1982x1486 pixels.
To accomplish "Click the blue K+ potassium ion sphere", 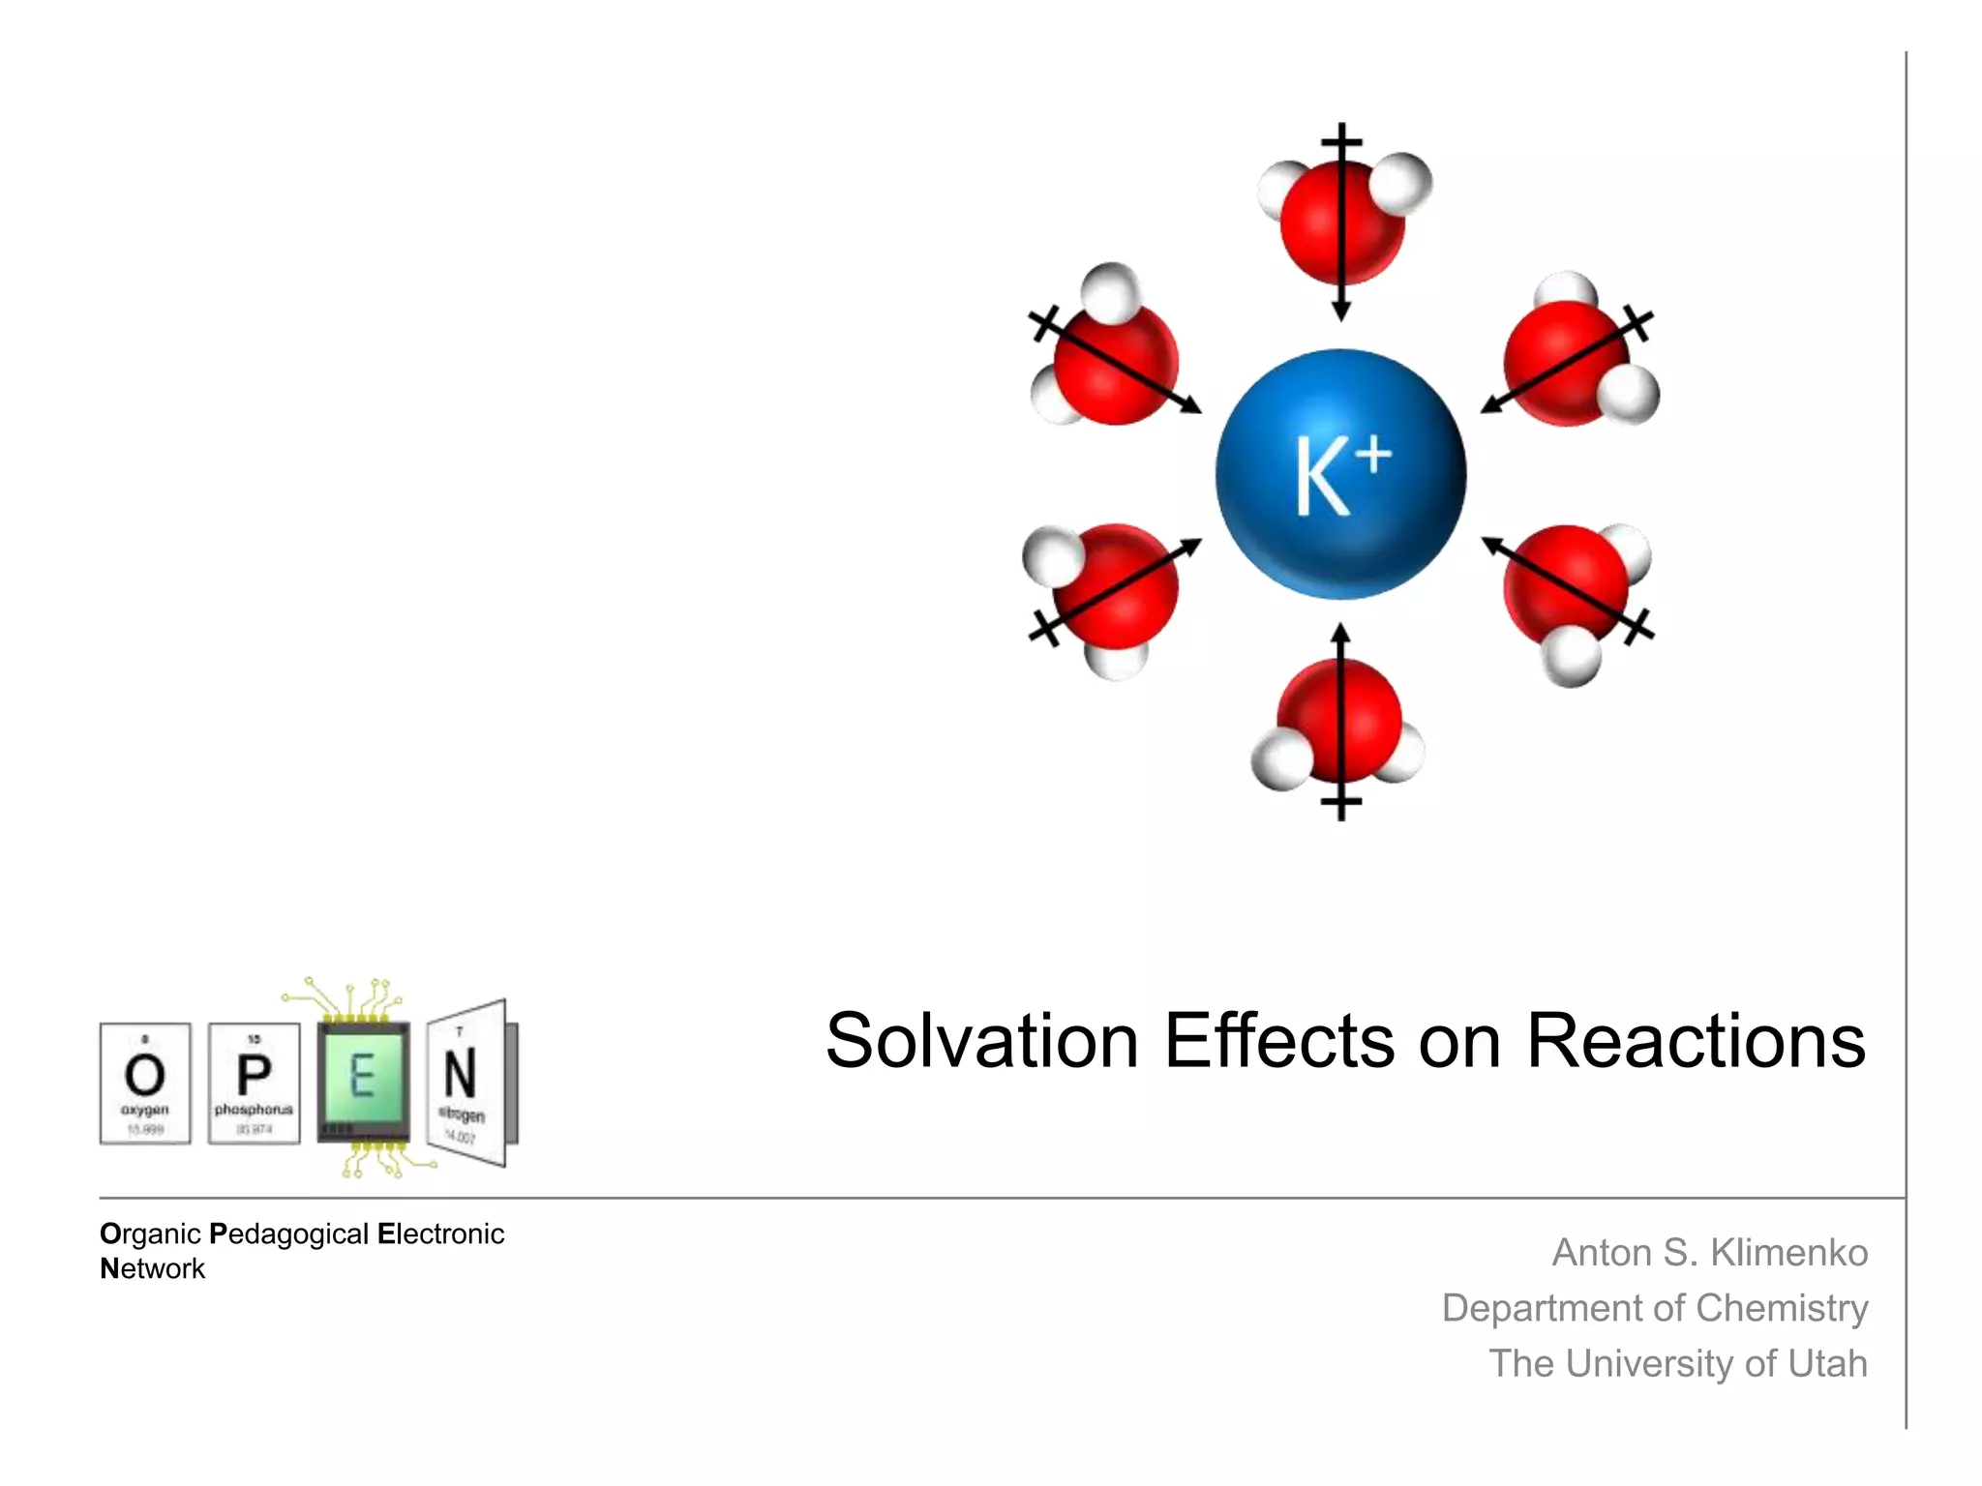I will [x=1340, y=474].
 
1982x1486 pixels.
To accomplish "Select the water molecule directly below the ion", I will [x=1339, y=721].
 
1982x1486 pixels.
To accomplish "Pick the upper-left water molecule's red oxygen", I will [x=1116, y=363].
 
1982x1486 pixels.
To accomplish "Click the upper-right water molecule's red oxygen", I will [x=1566, y=363].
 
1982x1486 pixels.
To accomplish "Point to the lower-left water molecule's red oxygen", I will [x=1116, y=586].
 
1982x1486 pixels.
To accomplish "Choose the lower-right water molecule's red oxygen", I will [x=1566, y=586].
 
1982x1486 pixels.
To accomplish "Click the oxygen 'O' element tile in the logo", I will [x=145, y=1084].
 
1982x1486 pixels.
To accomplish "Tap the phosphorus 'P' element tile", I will [x=255, y=1084].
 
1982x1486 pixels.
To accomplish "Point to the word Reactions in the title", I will [x=1696, y=1042].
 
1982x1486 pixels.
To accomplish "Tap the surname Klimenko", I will [x=1788, y=1253].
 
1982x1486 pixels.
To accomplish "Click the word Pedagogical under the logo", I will [x=288, y=1234].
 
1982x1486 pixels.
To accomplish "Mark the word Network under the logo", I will [x=152, y=1269].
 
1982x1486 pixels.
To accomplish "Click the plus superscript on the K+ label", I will [x=1373, y=456].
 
